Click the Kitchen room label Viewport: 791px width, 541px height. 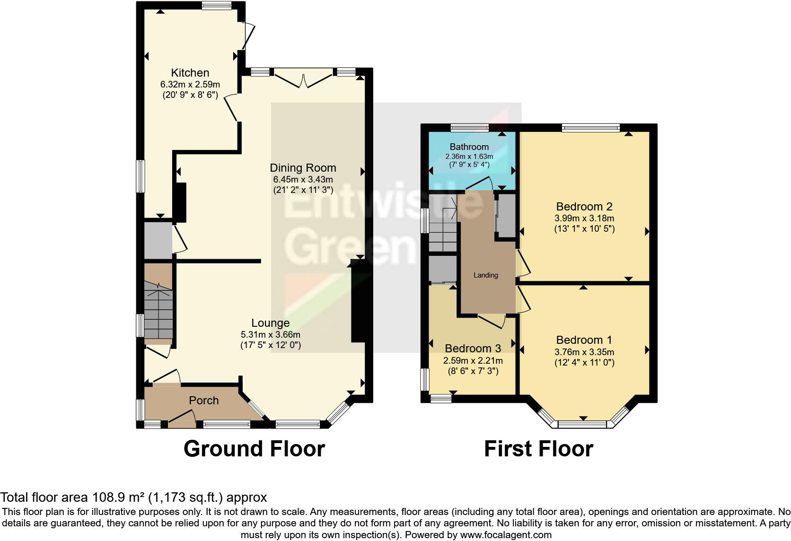(190, 73)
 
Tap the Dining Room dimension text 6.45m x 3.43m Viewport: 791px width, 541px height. (303, 180)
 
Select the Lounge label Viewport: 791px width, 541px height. (270, 323)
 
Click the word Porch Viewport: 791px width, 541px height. (204, 401)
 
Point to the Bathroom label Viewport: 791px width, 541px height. (469, 147)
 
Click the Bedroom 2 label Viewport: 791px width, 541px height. (584, 207)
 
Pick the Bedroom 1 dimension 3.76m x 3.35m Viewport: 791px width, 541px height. (584, 352)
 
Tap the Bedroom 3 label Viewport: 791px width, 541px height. (473, 349)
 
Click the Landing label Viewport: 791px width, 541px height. (486, 275)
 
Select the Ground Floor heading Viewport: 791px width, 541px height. (254, 449)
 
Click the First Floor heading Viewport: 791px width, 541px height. (538, 449)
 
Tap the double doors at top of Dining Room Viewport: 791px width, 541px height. (303, 79)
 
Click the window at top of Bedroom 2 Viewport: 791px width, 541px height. (590, 127)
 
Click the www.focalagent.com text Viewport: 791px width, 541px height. (506, 535)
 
